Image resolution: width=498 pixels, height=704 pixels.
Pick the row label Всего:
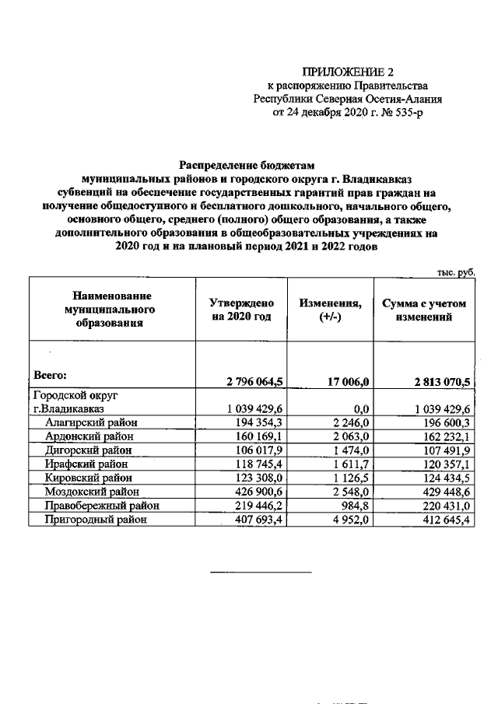pos(52,374)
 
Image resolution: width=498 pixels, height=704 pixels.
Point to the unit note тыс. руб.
pos(454,271)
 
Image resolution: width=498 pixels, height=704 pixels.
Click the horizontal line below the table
pos(261,573)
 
